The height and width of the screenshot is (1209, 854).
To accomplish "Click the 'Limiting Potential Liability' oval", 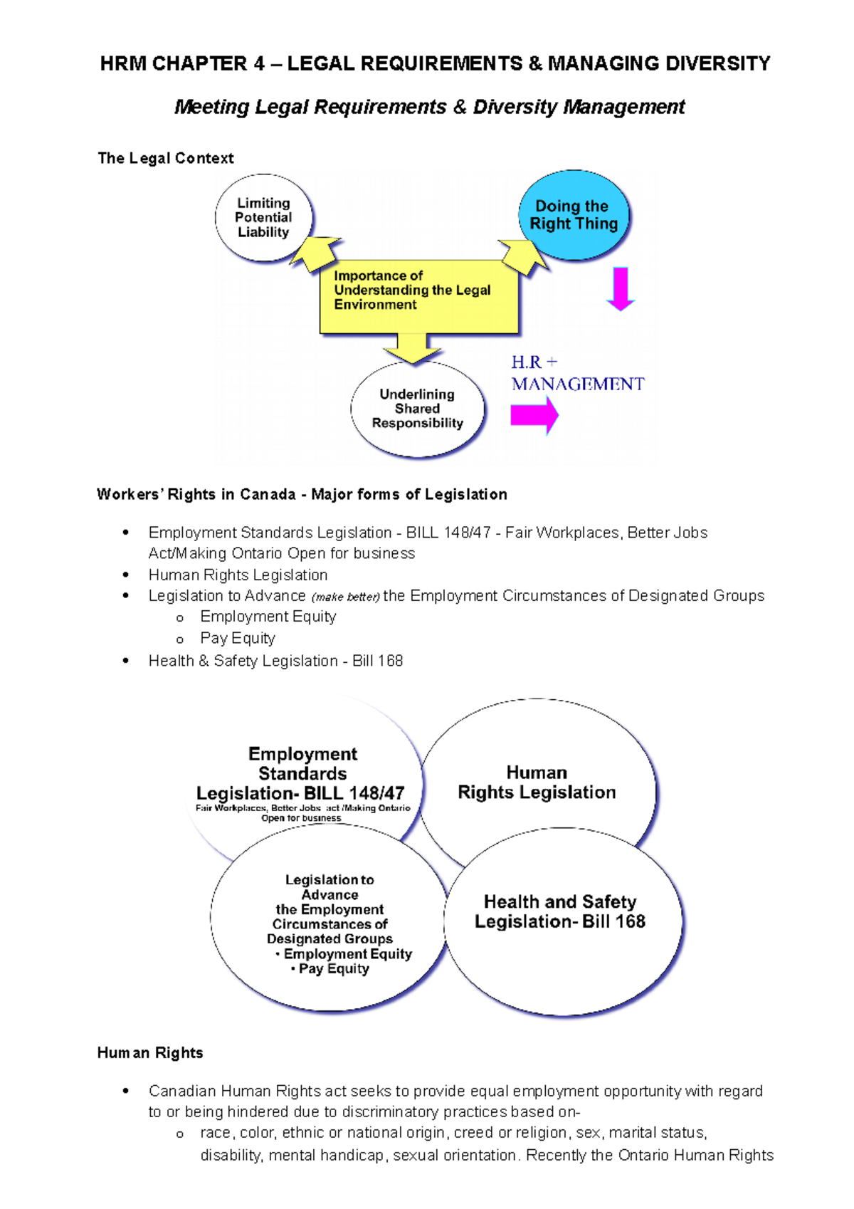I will click(264, 218).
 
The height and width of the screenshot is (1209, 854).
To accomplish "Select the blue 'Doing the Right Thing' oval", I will click(574, 215).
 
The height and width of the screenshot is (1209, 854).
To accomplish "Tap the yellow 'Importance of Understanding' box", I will click(418, 295).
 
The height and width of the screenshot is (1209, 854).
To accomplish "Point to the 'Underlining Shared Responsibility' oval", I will click(418, 409).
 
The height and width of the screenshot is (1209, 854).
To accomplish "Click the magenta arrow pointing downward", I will click(621, 289).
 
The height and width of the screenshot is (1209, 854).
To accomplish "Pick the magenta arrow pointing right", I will click(534, 415).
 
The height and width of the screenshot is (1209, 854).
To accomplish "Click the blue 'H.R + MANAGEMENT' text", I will click(577, 374).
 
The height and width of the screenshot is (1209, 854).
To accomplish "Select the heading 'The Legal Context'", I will click(166, 158).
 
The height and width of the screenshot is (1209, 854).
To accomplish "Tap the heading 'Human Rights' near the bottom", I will click(150, 1052).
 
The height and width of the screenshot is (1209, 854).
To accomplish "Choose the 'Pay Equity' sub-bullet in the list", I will click(238, 639).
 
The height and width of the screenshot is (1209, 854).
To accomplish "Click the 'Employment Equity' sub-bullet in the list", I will click(268, 617).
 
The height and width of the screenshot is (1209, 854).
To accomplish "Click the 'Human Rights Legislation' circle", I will click(537, 782).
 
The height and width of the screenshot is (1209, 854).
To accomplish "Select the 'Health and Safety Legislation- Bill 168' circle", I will click(562, 918).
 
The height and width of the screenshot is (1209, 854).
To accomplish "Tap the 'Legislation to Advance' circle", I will click(330, 918).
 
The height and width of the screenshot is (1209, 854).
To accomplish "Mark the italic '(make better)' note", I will click(346, 597).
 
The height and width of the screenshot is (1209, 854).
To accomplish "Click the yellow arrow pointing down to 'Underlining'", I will click(412, 349).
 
